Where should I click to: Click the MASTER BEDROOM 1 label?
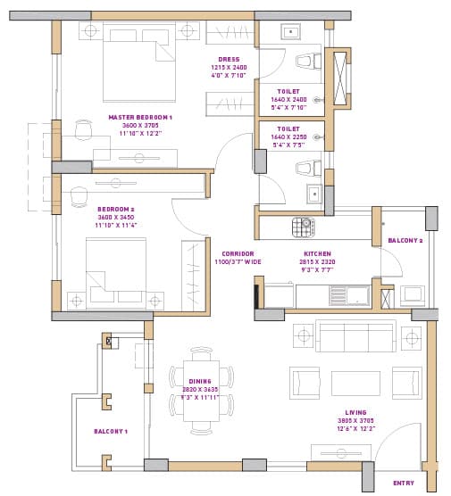tap(139, 117)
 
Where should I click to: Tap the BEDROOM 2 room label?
tap(115, 209)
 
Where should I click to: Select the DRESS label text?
tap(229, 59)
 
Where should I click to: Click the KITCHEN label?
tap(317, 253)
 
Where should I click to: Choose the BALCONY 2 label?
tap(405, 241)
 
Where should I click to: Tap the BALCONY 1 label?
tap(112, 431)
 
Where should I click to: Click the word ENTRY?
tap(404, 483)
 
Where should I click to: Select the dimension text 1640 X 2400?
tap(288, 99)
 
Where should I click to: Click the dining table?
tap(199, 388)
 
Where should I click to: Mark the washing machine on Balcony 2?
tap(412, 294)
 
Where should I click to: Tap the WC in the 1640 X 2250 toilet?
tap(305, 168)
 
